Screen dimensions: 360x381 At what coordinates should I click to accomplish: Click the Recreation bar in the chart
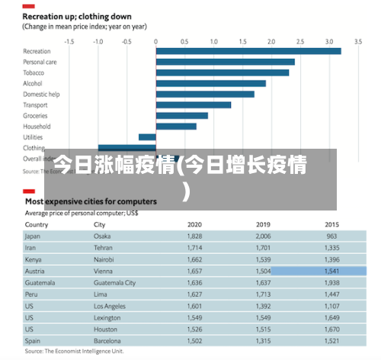tap(248, 51)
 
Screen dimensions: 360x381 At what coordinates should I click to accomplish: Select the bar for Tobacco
tap(223, 72)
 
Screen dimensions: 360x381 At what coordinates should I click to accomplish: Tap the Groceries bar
tap(181, 116)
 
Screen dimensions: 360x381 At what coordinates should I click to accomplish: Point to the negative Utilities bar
tap(147, 137)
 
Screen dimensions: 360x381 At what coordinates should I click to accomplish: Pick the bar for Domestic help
tap(205, 94)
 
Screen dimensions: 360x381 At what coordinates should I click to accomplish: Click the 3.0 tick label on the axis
tap(328, 41)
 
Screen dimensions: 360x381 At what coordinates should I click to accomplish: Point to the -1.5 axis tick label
tap(69, 41)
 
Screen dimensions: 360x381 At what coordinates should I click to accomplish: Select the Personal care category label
tap(40, 62)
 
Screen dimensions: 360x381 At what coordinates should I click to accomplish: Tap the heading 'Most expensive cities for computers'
tap(91, 201)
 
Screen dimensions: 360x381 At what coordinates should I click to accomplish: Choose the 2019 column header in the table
tap(263, 225)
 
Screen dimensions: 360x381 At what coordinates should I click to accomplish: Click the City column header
tap(100, 225)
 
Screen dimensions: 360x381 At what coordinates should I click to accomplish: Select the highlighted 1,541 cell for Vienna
tap(332, 271)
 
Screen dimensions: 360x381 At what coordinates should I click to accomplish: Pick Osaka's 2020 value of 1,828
tap(194, 237)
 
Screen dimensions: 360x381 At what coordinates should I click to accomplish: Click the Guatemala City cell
tap(114, 282)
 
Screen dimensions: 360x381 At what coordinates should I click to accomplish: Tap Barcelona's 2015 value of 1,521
tap(332, 340)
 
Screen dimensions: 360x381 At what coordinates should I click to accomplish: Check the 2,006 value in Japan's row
tap(263, 237)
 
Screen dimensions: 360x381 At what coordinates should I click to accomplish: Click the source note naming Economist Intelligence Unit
tap(75, 353)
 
